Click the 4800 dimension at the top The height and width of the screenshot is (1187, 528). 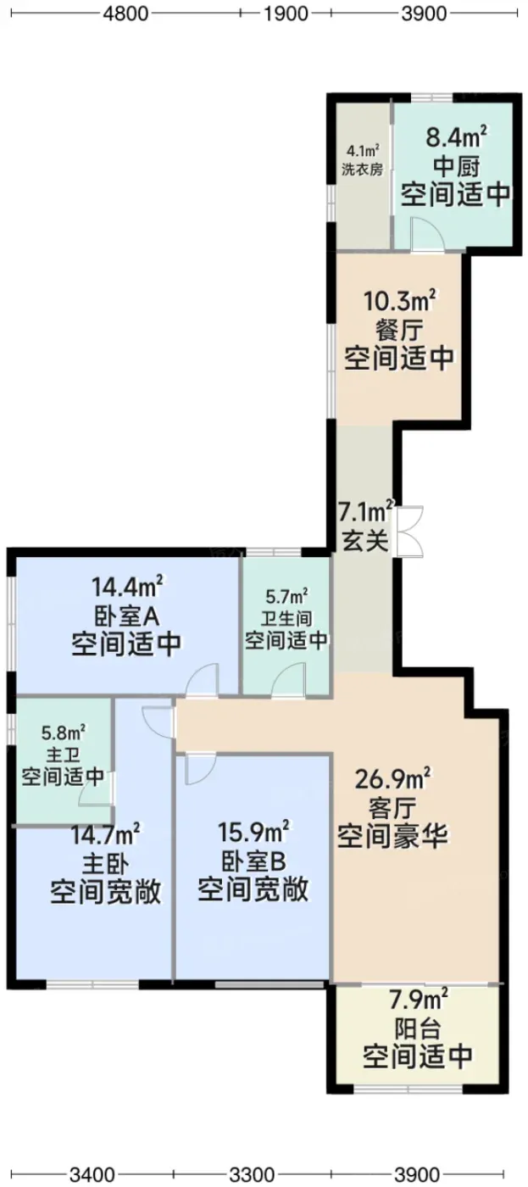pos(125,14)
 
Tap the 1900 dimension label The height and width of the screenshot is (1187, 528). pos(285,14)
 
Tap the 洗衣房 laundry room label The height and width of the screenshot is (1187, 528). pos(362,170)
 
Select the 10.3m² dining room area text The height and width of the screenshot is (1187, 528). pos(399,302)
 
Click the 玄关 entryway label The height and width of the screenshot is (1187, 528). pos(365,541)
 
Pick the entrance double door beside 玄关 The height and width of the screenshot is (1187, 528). pos(409,531)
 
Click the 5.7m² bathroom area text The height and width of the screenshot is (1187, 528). pos(286,598)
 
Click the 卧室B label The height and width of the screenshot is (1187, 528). pos(253,861)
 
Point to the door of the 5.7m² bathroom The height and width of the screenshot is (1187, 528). pos(289,679)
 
